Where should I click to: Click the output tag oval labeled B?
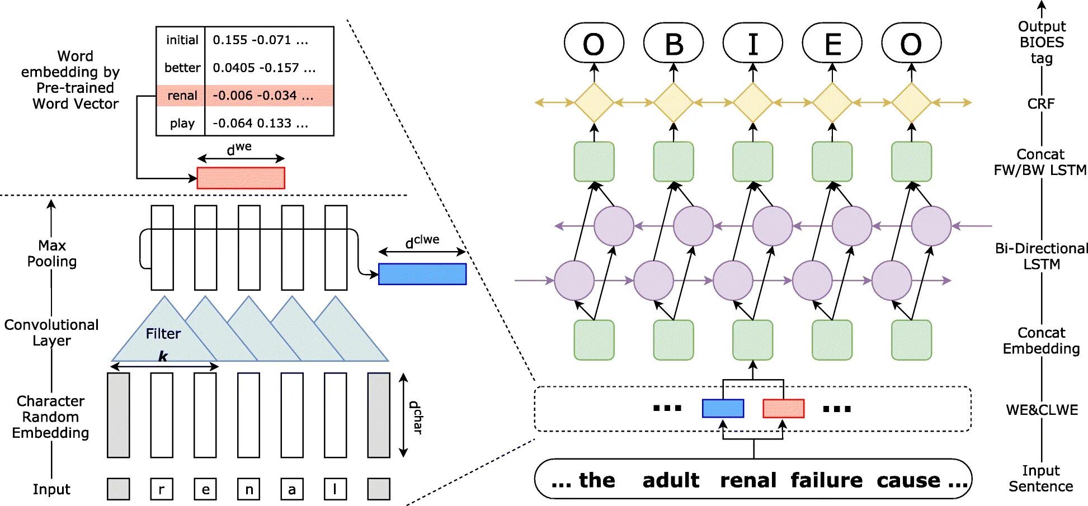point(673,43)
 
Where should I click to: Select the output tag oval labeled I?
point(753,43)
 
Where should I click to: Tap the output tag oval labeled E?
point(832,43)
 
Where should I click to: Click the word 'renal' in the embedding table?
point(182,96)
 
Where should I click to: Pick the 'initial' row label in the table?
point(182,40)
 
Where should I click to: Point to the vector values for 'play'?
point(261,123)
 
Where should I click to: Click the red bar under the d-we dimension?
point(241,178)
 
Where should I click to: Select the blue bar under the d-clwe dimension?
point(422,274)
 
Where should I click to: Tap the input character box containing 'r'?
point(162,489)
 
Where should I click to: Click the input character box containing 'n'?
point(249,489)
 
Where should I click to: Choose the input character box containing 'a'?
point(292,489)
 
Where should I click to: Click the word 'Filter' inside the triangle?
point(163,334)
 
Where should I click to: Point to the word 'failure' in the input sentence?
point(826,480)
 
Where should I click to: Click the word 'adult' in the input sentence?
point(671,480)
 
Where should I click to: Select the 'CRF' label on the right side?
point(1041,103)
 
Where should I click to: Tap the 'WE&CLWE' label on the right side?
point(1042,410)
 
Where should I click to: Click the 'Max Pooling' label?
point(52,253)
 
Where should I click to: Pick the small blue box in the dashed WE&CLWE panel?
point(723,408)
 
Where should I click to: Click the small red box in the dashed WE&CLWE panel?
point(783,408)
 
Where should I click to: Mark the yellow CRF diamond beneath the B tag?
point(673,103)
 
